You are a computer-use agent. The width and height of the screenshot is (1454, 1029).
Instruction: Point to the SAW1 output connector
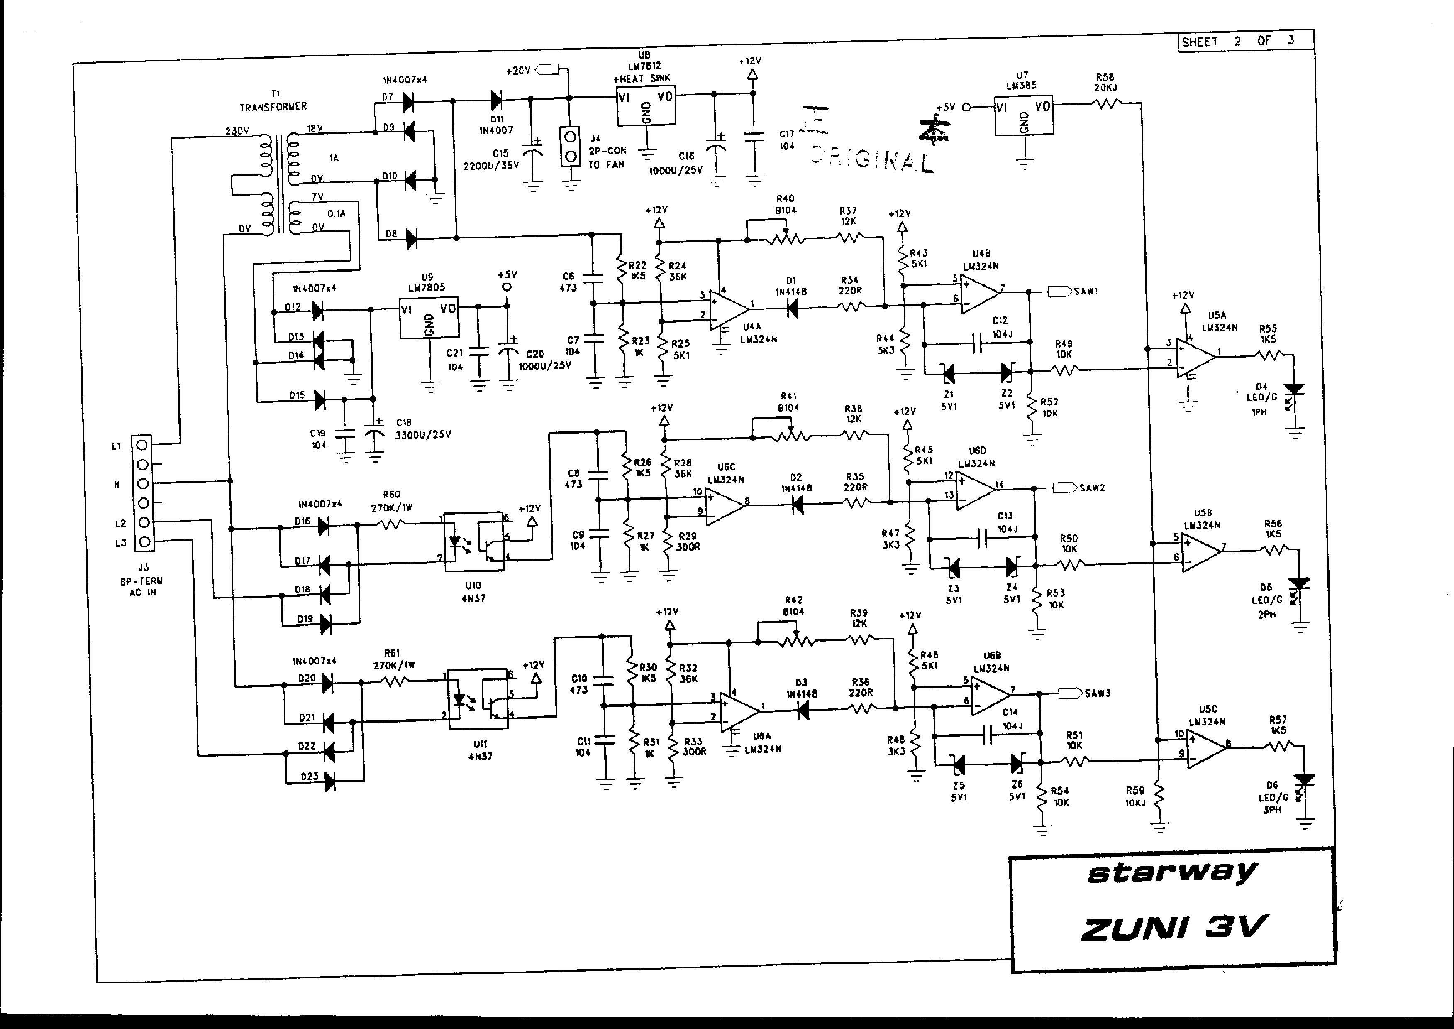click(x=1059, y=292)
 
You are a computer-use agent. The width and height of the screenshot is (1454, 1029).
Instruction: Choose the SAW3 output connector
click(x=1070, y=693)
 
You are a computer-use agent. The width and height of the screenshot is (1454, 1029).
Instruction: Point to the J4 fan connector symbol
click(x=571, y=146)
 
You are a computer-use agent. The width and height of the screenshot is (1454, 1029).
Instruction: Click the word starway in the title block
click(x=1171, y=874)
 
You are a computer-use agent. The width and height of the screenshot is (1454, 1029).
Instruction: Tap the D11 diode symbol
click(x=496, y=100)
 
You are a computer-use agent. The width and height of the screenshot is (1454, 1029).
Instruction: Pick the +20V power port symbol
click(x=548, y=70)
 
